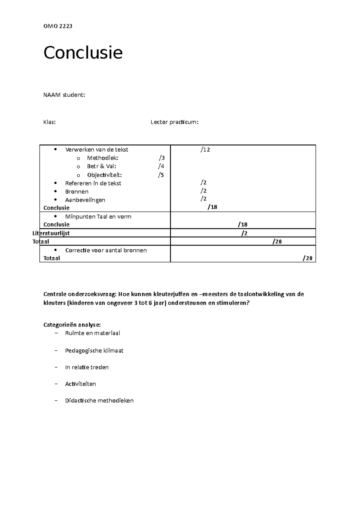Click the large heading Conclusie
click(83, 53)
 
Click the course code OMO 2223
click(58, 26)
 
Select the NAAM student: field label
click(64, 95)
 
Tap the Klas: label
click(49, 122)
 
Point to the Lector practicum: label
click(174, 122)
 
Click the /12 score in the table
click(205, 150)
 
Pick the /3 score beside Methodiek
click(162, 158)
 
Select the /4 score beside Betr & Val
click(161, 166)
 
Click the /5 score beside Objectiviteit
click(161, 175)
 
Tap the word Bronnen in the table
click(77, 191)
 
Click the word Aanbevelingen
click(85, 200)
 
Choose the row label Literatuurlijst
click(51, 233)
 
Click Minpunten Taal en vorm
click(98, 216)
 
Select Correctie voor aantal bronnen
click(106, 250)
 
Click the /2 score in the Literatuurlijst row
click(244, 233)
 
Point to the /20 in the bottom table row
click(307, 258)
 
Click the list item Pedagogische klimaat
click(94, 351)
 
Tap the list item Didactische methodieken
click(99, 401)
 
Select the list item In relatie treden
click(87, 367)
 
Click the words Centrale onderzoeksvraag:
click(80, 294)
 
